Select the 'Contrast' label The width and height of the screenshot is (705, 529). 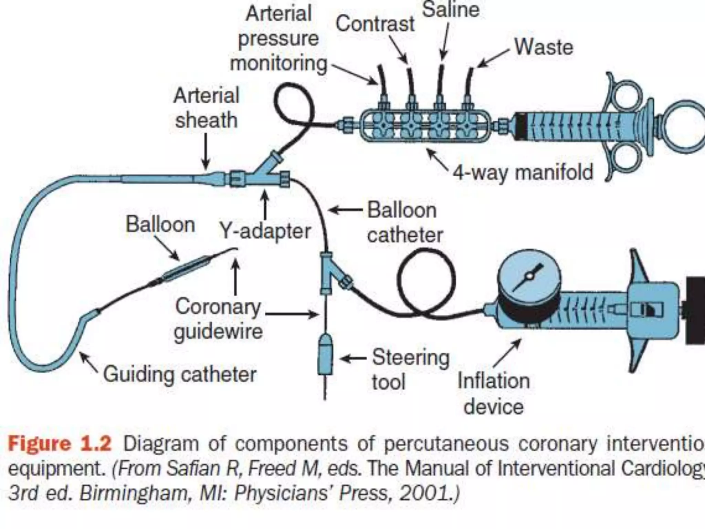tap(375, 24)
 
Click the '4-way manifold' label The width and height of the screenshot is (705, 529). tap(523, 172)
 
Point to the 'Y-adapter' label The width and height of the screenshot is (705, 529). tap(265, 231)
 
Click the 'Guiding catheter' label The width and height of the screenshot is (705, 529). tap(180, 374)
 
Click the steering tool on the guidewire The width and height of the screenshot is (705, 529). tap(325, 355)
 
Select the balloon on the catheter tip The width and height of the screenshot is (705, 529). tap(186, 269)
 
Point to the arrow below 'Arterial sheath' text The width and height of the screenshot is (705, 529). tap(206, 152)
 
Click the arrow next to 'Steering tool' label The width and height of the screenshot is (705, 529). tap(353, 359)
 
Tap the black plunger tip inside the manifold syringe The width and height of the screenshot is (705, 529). tap(520, 126)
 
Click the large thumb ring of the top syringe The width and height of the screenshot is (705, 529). tap(683, 126)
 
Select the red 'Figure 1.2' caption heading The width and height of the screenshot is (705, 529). tap(59, 444)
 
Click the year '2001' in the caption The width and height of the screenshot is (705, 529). tap(425, 493)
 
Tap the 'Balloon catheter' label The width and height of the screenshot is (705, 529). tap(404, 222)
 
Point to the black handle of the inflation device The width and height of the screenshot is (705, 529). tap(695, 310)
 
